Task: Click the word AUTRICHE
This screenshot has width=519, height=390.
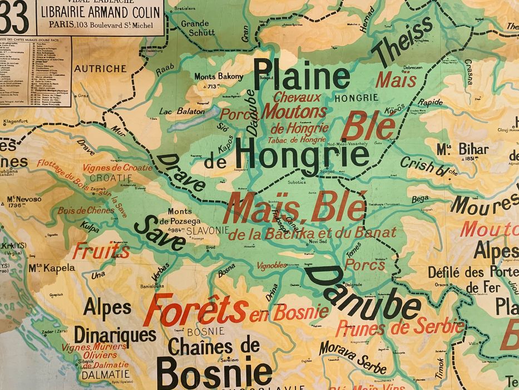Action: [100, 69]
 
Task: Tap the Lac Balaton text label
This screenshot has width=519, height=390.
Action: [182, 111]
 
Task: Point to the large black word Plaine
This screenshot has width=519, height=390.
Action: [301, 76]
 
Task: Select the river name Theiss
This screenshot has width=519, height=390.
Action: [402, 42]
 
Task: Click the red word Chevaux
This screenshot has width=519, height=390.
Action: [297, 97]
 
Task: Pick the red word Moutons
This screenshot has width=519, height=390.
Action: [294, 111]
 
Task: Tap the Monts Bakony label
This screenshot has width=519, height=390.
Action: [219, 76]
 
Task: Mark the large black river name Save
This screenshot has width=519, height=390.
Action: [160, 233]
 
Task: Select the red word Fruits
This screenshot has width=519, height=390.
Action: [101, 251]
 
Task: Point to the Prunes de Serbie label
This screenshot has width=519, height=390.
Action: [399, 327]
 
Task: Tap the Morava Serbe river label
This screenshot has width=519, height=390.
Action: [353, 358]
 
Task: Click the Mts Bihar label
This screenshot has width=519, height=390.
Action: [462, 149]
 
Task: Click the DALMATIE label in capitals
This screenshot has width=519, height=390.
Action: [105, 375]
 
